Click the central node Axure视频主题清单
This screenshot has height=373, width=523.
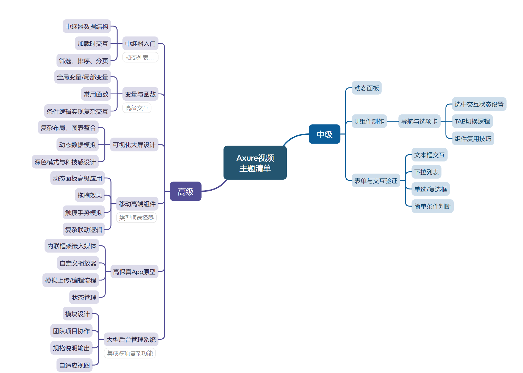[255, 163]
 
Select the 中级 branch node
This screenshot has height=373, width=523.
[324, 134]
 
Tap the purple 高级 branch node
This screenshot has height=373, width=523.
[185, 191]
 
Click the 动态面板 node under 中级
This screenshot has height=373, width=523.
[366, 88]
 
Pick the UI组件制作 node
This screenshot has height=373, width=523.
[369, 121]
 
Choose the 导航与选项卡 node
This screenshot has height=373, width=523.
[419, 121]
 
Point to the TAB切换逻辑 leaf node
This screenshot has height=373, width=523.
[472, 121]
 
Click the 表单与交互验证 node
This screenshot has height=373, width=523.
[375, 181]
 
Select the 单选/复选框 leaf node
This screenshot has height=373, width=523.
[430, 189]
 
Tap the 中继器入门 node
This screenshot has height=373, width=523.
[140, 43]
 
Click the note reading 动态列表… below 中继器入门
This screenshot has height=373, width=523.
[140, 57]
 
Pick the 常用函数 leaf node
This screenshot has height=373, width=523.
[96, 94]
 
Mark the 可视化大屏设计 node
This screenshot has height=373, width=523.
[134, 145]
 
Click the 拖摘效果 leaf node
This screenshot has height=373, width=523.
[90, 195]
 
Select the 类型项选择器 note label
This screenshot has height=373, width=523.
[136, 218]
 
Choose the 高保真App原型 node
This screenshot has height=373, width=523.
[134, 272]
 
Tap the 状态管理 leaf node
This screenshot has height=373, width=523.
[84, 297]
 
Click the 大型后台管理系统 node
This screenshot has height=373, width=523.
[131, 339]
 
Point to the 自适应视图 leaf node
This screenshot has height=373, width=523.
[74, 365]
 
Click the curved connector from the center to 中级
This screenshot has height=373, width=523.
[294, 137]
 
